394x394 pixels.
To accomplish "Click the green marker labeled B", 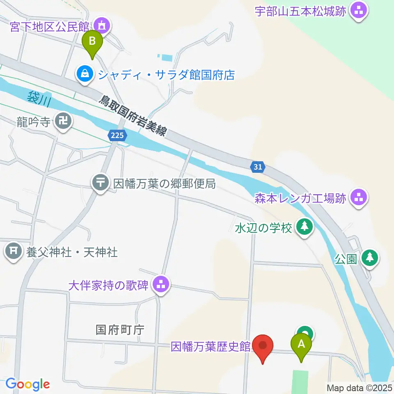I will click(92, 42).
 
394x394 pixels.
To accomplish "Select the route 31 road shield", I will click(257, 167).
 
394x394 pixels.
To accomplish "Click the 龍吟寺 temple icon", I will click(64, 121).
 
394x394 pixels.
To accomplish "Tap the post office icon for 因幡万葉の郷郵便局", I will click(101, 183).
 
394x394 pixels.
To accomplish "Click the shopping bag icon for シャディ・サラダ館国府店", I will click(84, 74).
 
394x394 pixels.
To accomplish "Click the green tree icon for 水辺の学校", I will click(304, 227).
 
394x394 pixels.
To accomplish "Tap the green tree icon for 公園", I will click(370, 258).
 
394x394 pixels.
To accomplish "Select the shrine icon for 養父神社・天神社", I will click(14, 251).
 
